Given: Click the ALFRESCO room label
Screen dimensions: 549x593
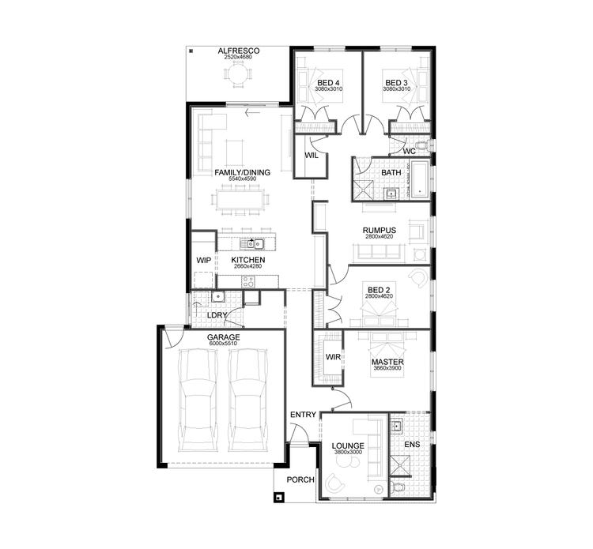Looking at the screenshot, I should coord(238,51).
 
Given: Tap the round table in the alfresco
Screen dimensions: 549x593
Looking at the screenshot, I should coord(238,77).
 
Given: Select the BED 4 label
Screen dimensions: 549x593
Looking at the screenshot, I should coord(328,83).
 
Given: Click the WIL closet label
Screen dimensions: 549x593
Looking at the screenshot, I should coord(311,155).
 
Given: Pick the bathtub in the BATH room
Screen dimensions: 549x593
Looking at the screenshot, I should coord(417,180).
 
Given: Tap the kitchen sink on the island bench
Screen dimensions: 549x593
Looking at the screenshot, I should coord(255,243).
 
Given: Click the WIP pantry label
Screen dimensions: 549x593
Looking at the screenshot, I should coord(203,260).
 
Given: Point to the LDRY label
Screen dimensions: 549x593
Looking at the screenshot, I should coord(217,315).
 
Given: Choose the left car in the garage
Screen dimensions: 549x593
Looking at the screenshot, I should coord(196,399).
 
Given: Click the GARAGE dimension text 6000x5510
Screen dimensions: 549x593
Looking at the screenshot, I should coord(224,344).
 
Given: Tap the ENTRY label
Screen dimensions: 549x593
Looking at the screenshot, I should coord(303,415).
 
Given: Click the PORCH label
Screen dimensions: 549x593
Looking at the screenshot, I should coord(301,479).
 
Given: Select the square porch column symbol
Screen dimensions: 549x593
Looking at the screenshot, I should coord(279,498).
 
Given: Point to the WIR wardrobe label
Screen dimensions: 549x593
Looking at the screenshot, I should coord(333,358).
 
